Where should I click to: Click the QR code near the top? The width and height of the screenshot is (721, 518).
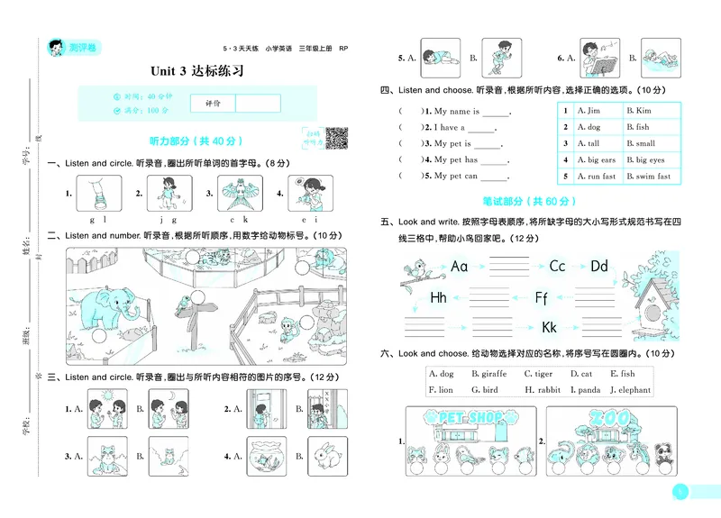click(336, 138)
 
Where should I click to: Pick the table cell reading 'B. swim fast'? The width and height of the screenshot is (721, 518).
click(648, 177)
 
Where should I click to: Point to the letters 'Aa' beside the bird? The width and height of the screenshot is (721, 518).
click(460, 266)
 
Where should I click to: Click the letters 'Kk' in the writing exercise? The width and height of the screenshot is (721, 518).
click(550, 327)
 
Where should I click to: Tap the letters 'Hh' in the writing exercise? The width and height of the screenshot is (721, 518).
click(438, 297)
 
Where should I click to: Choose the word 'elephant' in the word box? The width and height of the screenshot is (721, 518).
click(634, 390)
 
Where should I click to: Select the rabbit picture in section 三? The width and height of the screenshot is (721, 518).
click(324, 456)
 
